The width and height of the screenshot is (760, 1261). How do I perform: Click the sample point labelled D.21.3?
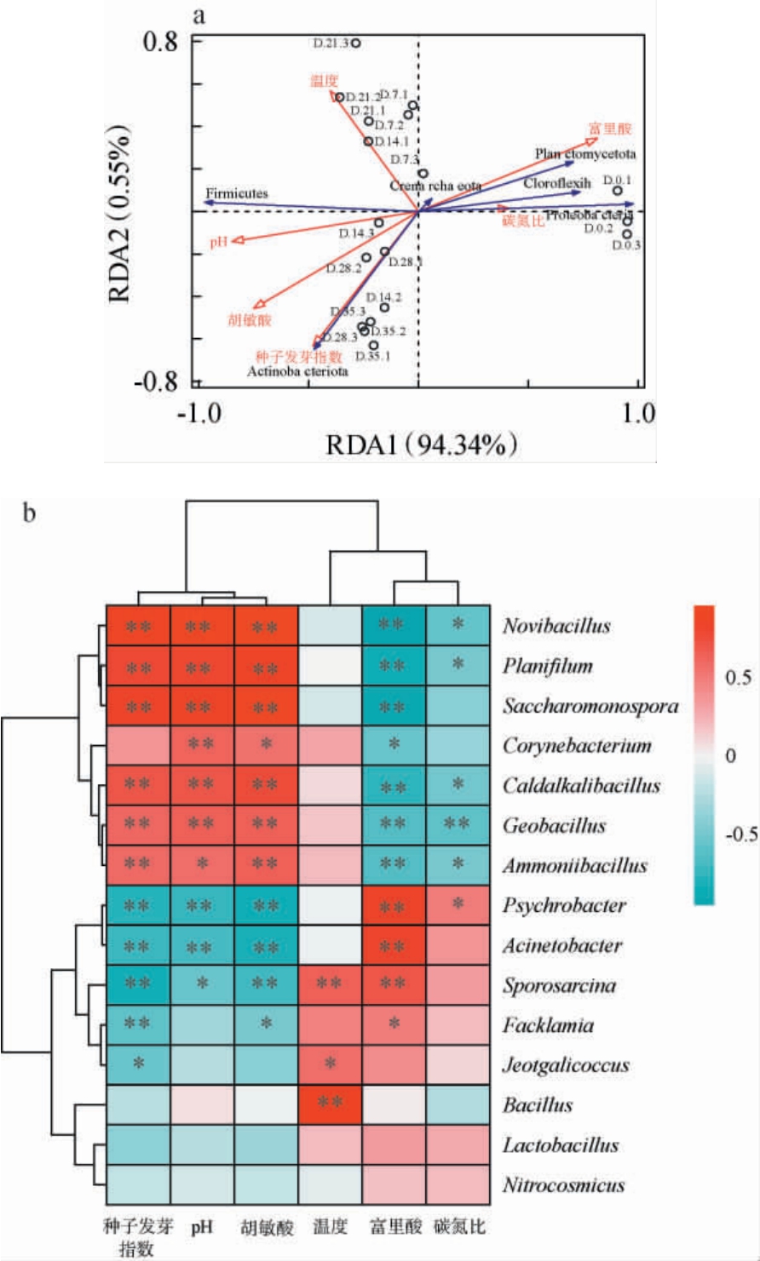356,43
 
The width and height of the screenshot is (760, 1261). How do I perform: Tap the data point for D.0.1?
617,191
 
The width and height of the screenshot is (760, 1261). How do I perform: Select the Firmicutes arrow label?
236,194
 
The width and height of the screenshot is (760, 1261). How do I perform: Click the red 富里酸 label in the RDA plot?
603,129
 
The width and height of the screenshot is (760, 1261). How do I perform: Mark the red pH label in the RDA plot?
217,244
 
